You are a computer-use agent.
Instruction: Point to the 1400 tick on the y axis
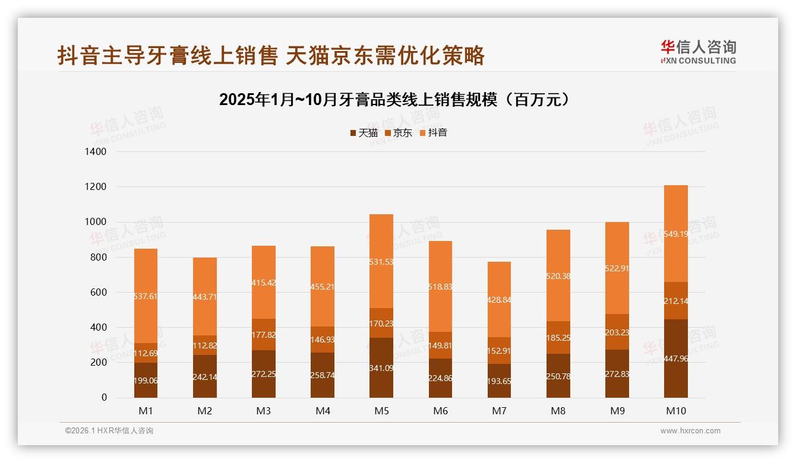[x=95, y=152]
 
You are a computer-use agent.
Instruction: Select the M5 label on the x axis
[x=381, y=411]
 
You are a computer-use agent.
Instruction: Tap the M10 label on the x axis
[x=675, y=411]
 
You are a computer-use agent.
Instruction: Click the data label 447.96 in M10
[x=675, y=359]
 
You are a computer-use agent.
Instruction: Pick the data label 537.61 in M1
[x=146, y=296]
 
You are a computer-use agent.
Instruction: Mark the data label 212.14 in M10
[x=675, y=301]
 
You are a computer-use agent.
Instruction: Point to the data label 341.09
[x=381, y=368]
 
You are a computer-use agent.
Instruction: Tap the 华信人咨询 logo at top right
[x=698, y=52]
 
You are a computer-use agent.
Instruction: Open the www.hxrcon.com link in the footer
[x=690, y=431]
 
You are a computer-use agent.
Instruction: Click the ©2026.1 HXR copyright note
[x=109, y=431]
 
